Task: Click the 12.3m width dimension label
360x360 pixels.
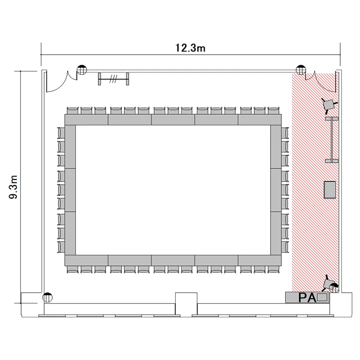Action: pos(191,48)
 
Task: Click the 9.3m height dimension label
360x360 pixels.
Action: pos(13,187)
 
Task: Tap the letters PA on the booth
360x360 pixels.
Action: pos(307,298)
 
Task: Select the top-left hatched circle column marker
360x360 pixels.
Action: pos(82,70)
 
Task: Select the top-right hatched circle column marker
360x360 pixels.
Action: pos(301,70)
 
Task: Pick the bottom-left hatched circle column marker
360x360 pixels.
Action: pos(48,298)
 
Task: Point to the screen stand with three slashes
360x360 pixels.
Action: pos(113,79)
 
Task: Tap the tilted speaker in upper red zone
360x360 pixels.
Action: pos(329,105)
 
